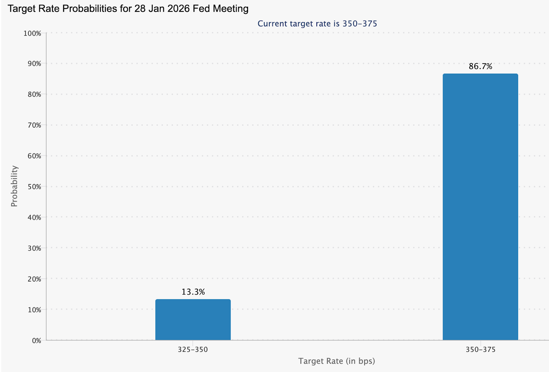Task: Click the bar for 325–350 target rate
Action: (193, 320)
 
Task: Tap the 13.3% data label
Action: (193, 292)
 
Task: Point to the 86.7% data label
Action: (480, 66)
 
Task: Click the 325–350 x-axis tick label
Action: (193, 350)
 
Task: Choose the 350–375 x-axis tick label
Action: (480, 350)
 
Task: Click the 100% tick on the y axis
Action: (32, 33)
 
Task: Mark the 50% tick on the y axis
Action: (34, 187)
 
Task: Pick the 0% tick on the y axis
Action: (36, 340)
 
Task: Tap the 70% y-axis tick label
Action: (34, 125)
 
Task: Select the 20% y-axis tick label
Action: (34, 279)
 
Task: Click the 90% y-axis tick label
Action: (34, 64)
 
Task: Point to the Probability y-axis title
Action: (14, 186)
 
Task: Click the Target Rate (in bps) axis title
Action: (336, 361)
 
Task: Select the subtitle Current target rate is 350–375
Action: (317, 24)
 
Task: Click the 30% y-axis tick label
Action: (34, 248)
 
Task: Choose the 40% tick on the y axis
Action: (34, 217)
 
